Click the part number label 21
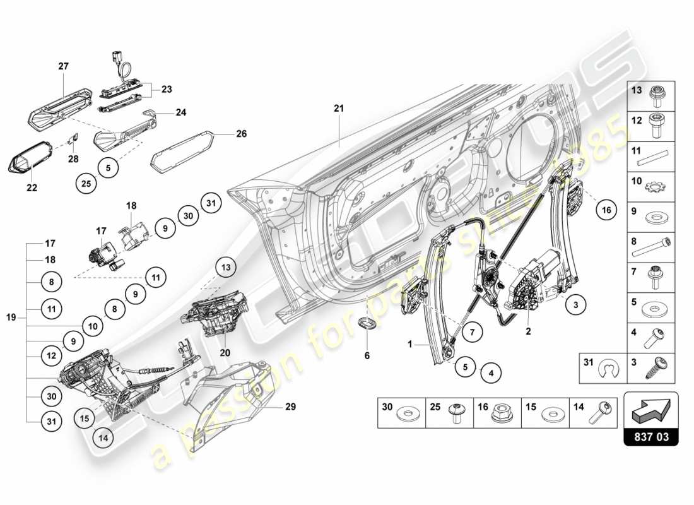pos(339,109)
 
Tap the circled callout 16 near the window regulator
pos(606,210)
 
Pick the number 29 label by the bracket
pos(290,407)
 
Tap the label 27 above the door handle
pos(64,66)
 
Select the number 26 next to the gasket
pos(241,134)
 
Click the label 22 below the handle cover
pos(32,187)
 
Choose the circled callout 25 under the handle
pos(86,184)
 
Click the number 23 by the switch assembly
pos(166,90)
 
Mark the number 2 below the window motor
pos(527,330)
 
